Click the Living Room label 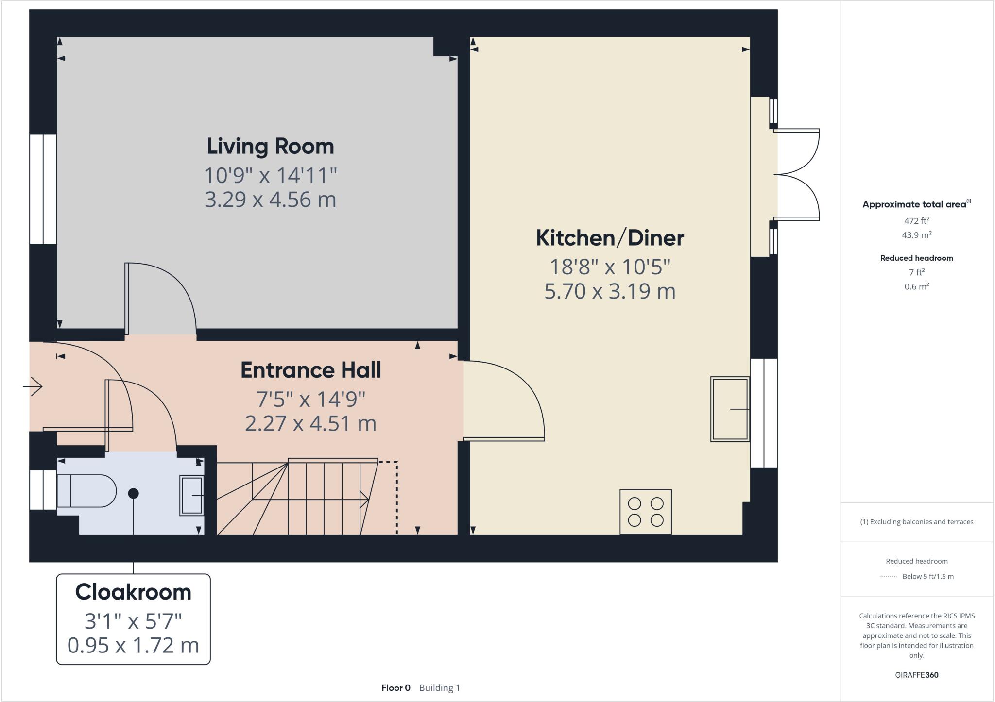click(x=270, y=147)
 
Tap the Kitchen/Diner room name click(x=610, y=238)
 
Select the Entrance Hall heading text click(x=310, y=370)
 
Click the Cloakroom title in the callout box click(x=133, y=592)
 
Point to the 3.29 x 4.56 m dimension click(x=270, y=200)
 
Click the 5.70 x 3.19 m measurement click(x=610, y=291)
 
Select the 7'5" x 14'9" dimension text click(x=310, y=399)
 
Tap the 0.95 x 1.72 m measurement click(x=133, y=646)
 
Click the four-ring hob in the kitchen click(x=646, y=512)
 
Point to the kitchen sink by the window click(x=730, y=409)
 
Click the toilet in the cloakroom click(x=86, y=491)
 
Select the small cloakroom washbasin click(x=191, y=495)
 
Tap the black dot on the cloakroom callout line click(x=133, y=493)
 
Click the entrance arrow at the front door click(x=33, y=386)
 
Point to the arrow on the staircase click(x=363, y=498)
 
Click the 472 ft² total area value click(x=916, y=221)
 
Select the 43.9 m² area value click(x=916, y=235)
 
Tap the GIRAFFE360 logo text click(x=916, y=675)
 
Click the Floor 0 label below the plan click(x=395, y=688)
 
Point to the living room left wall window click(x=43, y=189)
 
